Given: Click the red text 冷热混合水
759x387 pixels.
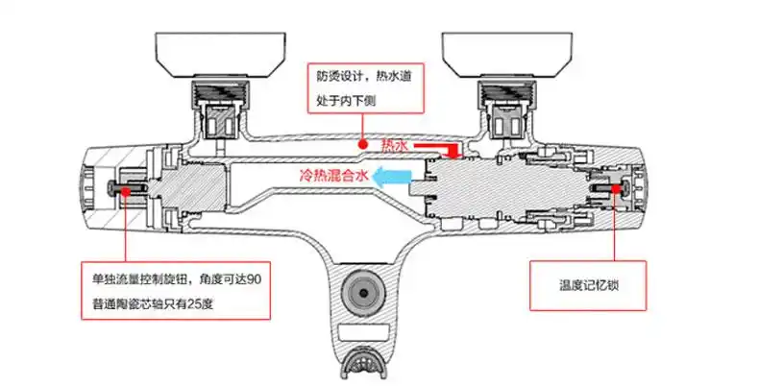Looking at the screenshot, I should point(332,177).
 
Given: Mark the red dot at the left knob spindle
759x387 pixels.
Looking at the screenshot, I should point(126,189).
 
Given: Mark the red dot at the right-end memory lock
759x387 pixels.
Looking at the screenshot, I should point(615,189).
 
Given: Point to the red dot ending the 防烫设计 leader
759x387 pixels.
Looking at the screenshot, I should point(362,144).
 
